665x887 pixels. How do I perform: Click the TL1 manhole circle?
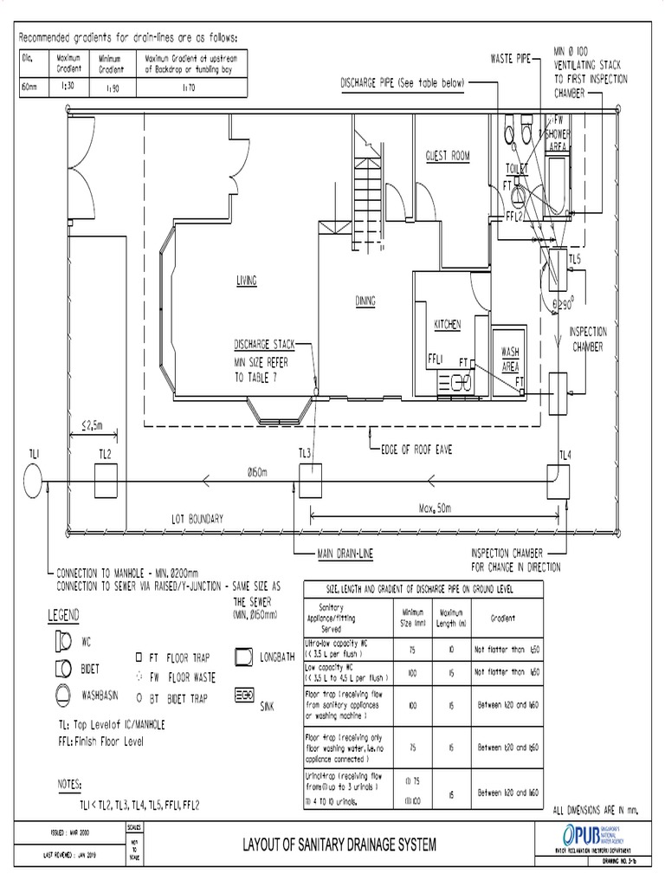33,481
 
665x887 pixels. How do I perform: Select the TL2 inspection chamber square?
105,480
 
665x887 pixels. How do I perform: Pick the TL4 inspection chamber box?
557,480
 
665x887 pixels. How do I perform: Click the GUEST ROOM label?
447,156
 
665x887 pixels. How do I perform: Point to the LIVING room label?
248,280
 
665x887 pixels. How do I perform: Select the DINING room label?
365,301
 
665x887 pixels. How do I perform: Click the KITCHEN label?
448,323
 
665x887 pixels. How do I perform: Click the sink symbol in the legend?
245,696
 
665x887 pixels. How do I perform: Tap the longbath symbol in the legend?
245,656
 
